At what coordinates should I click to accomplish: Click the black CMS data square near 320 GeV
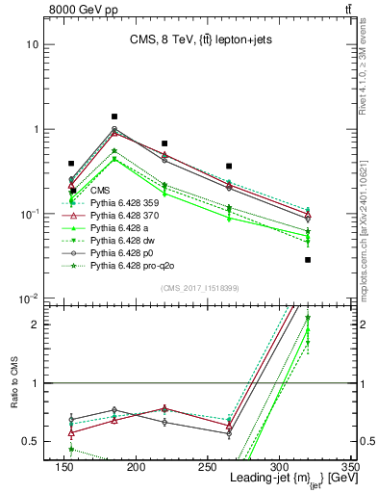308,260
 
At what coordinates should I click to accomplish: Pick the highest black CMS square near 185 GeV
114,117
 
